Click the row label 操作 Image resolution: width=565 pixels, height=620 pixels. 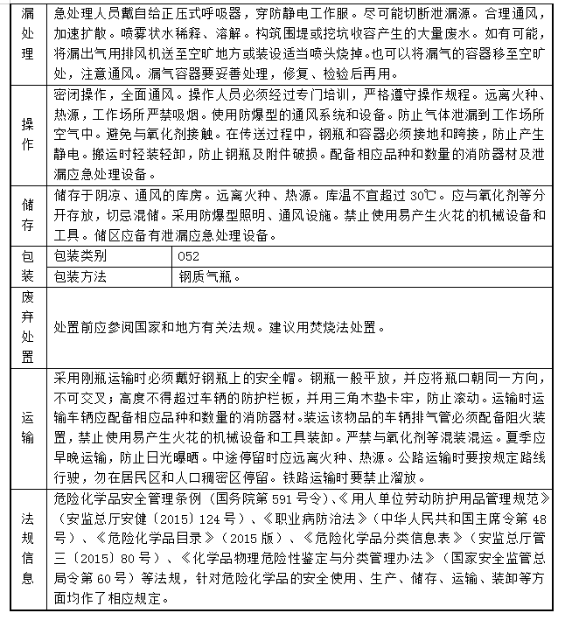pyautogui.click(x=27, y=135)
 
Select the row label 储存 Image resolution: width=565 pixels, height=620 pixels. pyautogui.click(x=27, y=215)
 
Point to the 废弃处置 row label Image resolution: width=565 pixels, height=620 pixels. pyautogui.click(x=27, y=327)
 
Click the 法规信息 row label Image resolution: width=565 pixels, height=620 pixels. pyautogui.click(x=27, y=548)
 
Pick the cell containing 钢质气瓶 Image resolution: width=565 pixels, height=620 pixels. pyautogui.click(x=210, y=276)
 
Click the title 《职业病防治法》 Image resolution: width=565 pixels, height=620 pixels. pyautogui.click(x=295, y=519)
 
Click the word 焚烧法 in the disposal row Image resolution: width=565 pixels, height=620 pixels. pyautogui.click(x=310, y=327)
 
